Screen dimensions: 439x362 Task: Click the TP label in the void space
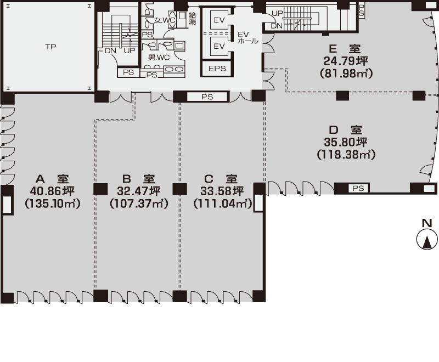coord(50,47)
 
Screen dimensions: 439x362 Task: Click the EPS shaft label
coord(217,69)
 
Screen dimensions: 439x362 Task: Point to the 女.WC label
coord(165,20)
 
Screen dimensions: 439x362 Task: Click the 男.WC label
coord(159,58)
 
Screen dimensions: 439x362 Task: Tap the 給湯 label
coord(192,19)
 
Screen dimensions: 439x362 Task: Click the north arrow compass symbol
coord(427,240)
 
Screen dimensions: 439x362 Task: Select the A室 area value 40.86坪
coord(52,191)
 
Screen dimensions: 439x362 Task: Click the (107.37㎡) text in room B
coord(139,203)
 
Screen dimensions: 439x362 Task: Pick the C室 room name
coord(221,179)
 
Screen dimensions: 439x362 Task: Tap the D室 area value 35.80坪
coord(346,142)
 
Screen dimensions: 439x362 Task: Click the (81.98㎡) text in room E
coord(346,73)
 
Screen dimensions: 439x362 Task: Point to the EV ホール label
coord(248,38)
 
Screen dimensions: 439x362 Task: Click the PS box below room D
coord(358,188)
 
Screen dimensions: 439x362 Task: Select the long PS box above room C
coord(207,97)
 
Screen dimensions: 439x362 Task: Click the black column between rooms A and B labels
coord(100,189)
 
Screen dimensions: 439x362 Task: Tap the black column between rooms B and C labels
coord(179,189)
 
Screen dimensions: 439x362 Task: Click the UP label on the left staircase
coord(130,51)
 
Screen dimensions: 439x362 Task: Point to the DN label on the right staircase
coord(277,26)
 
